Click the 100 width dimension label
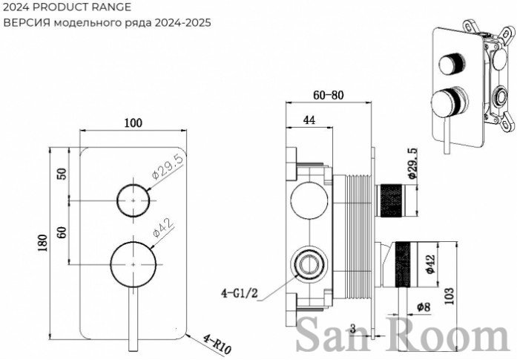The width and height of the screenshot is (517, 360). point(134,123)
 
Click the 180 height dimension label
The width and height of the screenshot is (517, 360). point(43,243)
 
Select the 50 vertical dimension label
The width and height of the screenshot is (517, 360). point(62,174)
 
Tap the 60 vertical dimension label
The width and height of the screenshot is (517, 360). point(62,232)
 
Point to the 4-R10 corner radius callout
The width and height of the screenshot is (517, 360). point(217,344)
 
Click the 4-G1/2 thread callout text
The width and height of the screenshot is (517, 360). point(239,293)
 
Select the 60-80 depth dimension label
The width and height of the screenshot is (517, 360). point(328,95)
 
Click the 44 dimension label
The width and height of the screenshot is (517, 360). point(309,120)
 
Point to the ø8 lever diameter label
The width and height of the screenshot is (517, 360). point(424,307)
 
